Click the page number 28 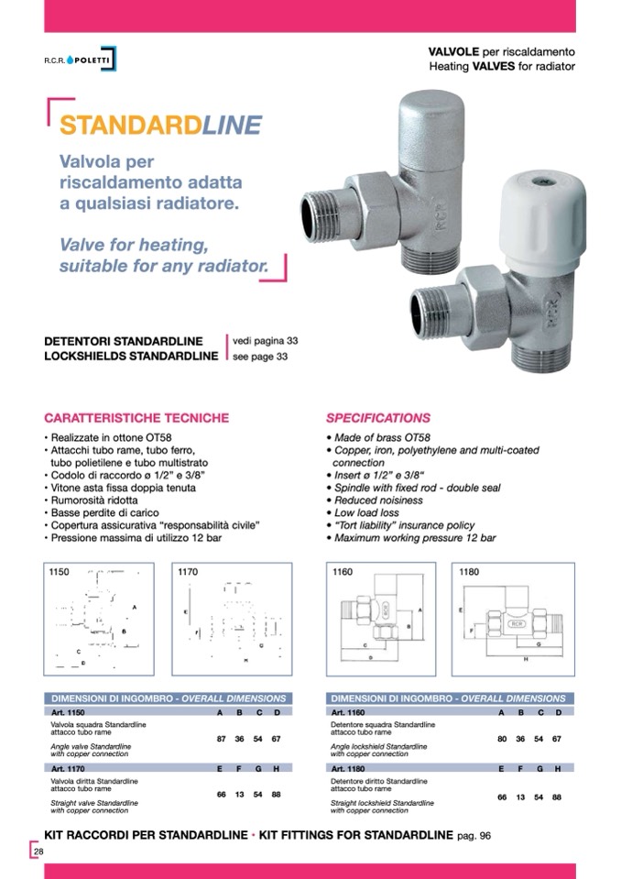[38, 852]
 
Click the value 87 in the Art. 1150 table [222, 739]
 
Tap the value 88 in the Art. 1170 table [276, 794]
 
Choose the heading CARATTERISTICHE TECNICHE [136, 418]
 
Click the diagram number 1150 [59, 571]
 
